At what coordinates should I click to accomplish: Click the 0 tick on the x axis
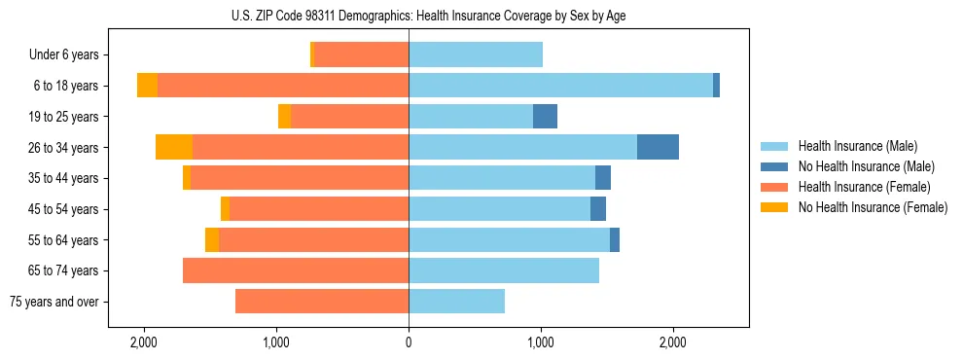(x=409, y=342)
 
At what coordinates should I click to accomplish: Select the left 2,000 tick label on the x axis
(x=144, y=342)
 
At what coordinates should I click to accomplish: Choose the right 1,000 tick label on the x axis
(x=541, y=342)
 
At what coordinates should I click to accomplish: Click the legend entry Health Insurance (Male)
(x=857, y=146)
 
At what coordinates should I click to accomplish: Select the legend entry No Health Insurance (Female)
(x=873, y=207)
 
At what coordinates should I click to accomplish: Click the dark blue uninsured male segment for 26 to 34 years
(x=658, y=147)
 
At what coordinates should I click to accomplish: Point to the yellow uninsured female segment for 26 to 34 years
(x=174, y=147)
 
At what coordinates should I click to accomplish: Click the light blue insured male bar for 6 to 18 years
(x=560, y=86)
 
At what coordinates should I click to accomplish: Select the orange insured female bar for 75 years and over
(x=322, y=302)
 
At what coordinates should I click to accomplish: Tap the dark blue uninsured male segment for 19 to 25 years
(x=545, y=117)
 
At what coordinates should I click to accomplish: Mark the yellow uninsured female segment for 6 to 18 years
(x=147, y=86)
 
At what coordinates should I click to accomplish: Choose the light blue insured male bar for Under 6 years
(x=476, y=55)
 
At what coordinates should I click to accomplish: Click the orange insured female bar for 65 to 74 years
(x=296, y=270)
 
